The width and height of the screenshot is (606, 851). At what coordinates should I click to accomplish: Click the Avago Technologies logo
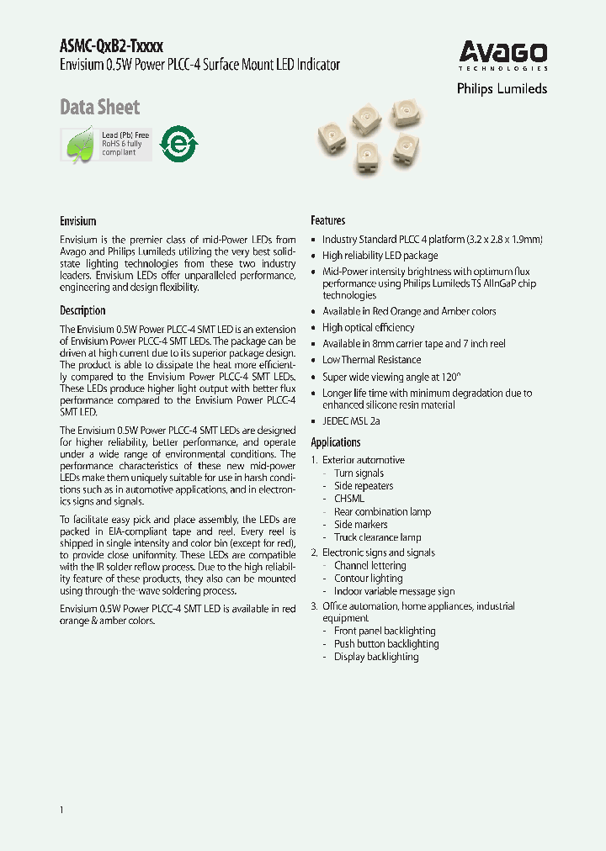(503, 55)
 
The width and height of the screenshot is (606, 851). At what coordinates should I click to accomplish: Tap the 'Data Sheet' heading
(99, 108)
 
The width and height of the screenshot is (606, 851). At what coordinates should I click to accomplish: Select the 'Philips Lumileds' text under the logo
(502, 88)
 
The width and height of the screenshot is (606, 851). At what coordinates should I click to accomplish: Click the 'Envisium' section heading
(78, 221)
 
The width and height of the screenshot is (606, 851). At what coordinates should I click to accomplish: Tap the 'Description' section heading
(82, 310)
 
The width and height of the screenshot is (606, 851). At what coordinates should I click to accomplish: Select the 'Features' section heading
(328, 220)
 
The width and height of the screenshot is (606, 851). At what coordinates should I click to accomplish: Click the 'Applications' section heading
(336, 442)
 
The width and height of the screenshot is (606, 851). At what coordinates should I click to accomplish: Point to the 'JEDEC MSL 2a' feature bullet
(351, 421)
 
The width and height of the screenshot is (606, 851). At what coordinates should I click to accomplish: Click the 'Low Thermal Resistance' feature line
(371, 360)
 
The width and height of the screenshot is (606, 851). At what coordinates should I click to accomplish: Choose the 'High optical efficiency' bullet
(368, 328)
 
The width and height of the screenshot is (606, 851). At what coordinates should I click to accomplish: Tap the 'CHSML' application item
(349, 499)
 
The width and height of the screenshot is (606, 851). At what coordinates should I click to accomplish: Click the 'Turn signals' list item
(359, 473)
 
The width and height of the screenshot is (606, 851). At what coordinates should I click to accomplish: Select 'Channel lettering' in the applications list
(369, 566)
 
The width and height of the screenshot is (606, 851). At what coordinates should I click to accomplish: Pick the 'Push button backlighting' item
(386, 644)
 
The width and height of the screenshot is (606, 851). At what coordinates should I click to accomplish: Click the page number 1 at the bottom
(62, 809)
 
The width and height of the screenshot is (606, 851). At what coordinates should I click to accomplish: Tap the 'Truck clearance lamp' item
(377, 537)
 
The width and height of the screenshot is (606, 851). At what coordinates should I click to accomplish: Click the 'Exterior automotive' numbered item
(363, 460)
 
